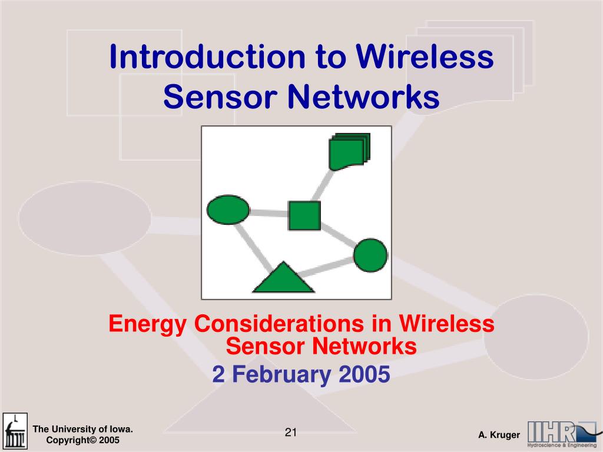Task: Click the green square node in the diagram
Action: [x=304, y=215]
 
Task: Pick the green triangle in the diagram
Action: [x=283, y=279]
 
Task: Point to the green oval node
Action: [x=228, y=210]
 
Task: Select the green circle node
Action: [x=370, y=255]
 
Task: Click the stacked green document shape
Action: [x=349, y=151]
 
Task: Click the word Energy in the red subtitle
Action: [x=148, y=324]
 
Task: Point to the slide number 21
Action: [x=291, y=433]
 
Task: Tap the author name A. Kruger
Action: [x=499, y=435]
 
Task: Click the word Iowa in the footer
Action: [x=120, y=429]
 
